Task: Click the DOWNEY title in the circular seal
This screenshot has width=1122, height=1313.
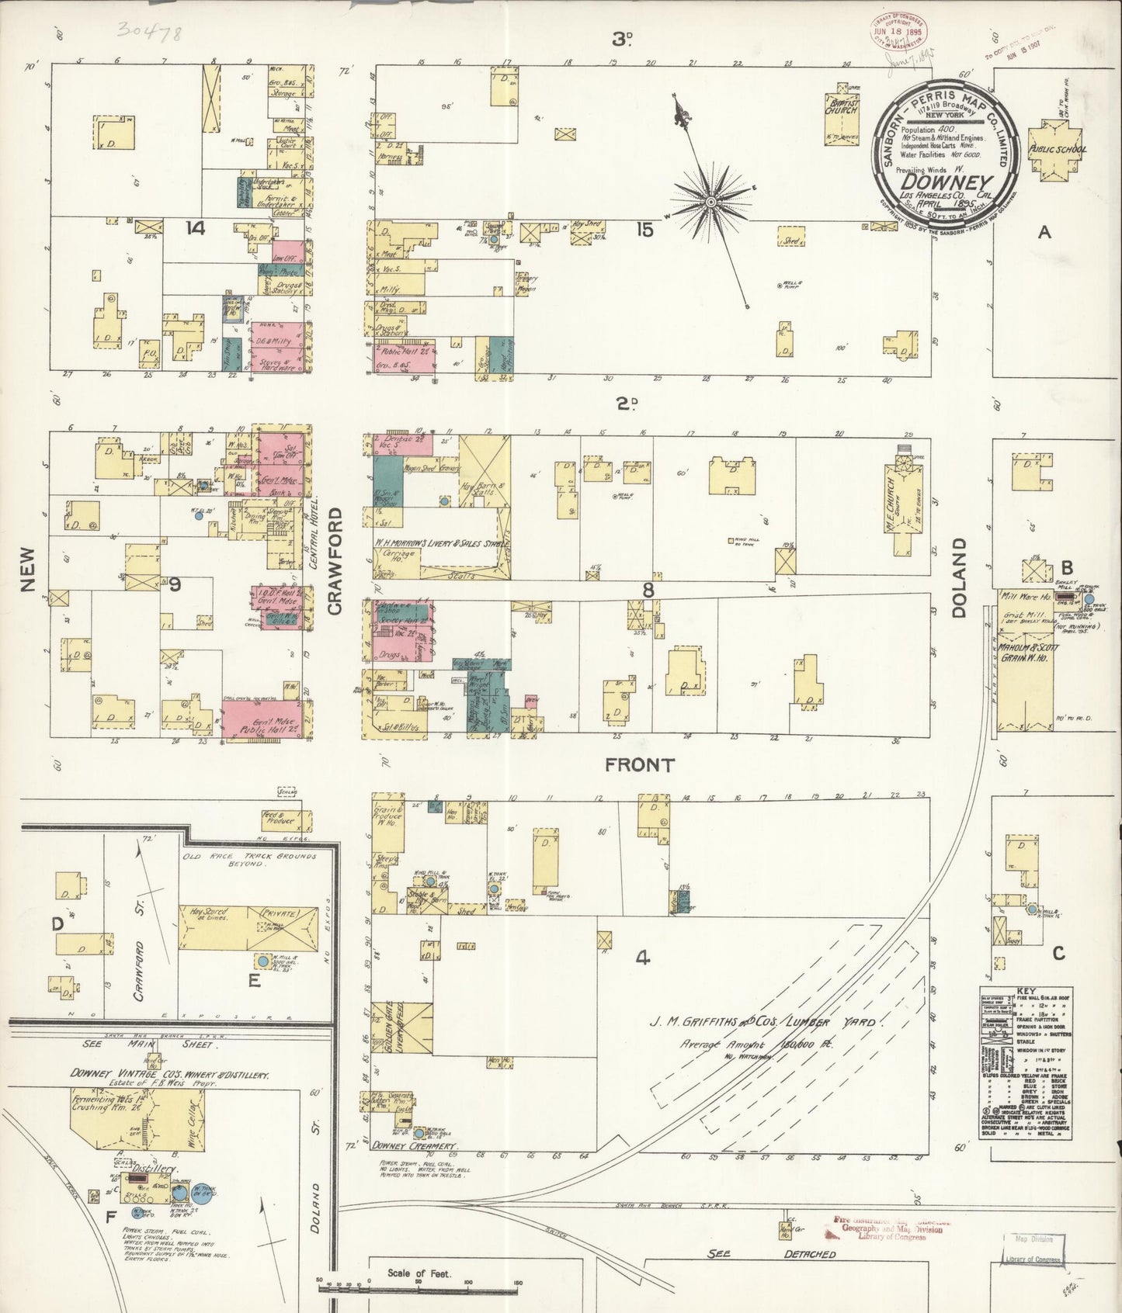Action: tap(944, 184)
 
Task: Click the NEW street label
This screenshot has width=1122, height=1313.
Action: tap(28, 569)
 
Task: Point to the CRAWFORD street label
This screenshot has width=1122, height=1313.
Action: tap(335, 561)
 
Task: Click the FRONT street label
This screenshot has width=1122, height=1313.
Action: tap(640, 765)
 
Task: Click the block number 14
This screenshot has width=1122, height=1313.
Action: tap(195, 228)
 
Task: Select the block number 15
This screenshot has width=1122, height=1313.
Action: tap(644, 230)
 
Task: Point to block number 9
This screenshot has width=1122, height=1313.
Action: tap(175, 584)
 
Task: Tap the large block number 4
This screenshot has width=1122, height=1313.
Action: tap(642, 958)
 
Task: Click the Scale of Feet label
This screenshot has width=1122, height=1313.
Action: tap(419, 1273)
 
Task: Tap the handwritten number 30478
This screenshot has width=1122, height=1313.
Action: tap(148, 31)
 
